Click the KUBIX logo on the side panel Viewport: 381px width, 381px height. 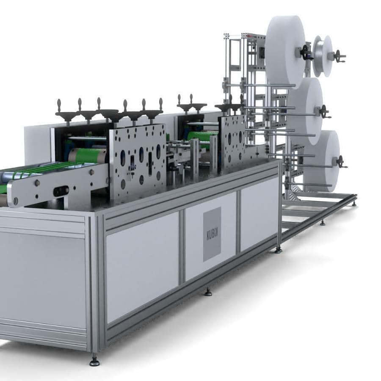coord(212,234)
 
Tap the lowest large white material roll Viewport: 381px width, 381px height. coord(322,160)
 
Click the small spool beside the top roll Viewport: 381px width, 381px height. coord(323,56)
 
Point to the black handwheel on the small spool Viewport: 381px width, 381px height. coord(339,56)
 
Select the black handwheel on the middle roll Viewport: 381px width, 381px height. coord(324,112)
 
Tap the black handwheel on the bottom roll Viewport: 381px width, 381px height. coord(340,162)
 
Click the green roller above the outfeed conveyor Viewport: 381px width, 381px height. coord(88,155)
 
